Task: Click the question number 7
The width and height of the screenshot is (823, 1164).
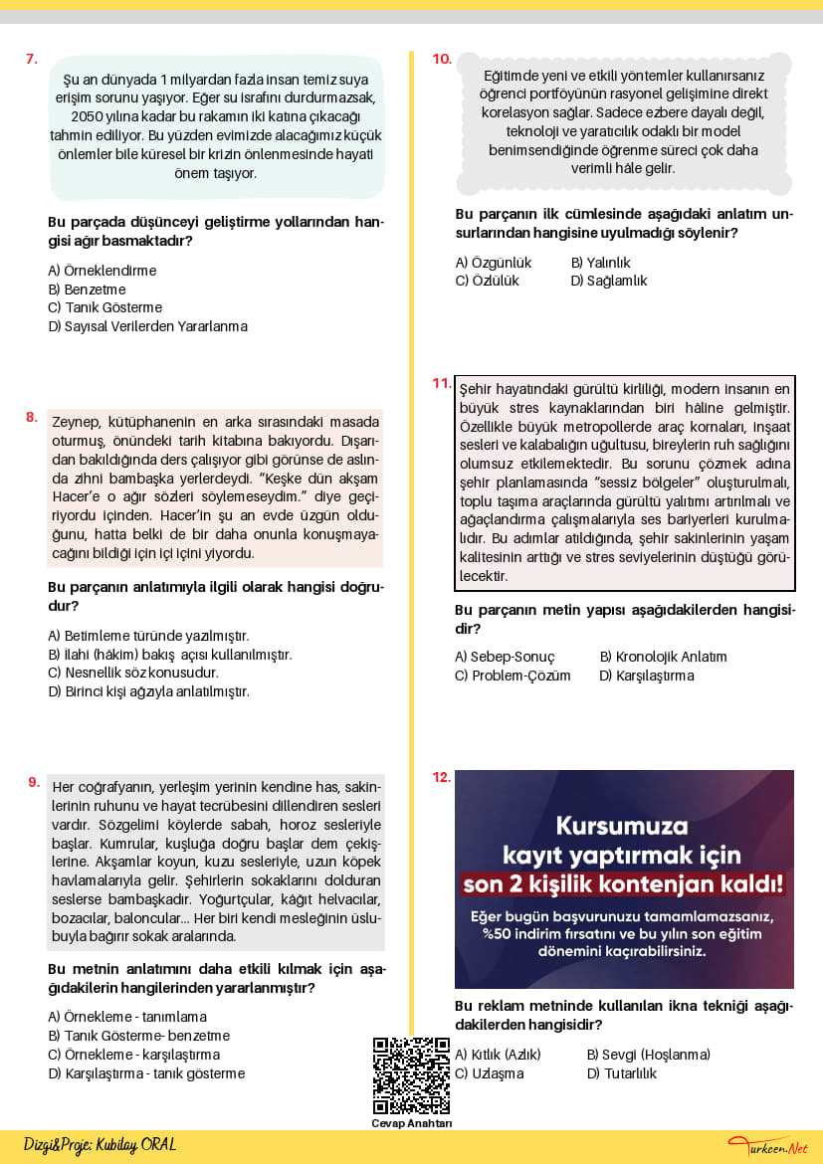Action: (x=32, y=59)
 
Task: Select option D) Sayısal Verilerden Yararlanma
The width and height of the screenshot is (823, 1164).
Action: (x=147, y=326)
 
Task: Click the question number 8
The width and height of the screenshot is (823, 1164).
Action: (x=32, y=417)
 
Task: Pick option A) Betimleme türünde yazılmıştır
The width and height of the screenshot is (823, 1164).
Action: (x=148, y=636)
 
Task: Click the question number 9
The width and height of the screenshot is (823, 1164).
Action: (x=34, y=782)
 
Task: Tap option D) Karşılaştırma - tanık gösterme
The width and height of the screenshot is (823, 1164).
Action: (x=146, y=1073)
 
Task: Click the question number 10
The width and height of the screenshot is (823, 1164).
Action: (x=442, y=59)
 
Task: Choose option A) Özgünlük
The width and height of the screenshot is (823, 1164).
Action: (x=494, y=263)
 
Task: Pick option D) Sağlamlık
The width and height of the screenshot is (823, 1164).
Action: (x=609, y=281)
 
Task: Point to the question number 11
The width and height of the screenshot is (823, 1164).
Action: (x=442, y=383)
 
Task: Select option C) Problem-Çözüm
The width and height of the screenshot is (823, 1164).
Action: (x=513, y=676)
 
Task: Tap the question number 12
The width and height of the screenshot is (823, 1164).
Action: (x=442, y=777)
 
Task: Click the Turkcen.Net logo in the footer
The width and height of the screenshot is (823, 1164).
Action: (x=767, y=1147)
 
